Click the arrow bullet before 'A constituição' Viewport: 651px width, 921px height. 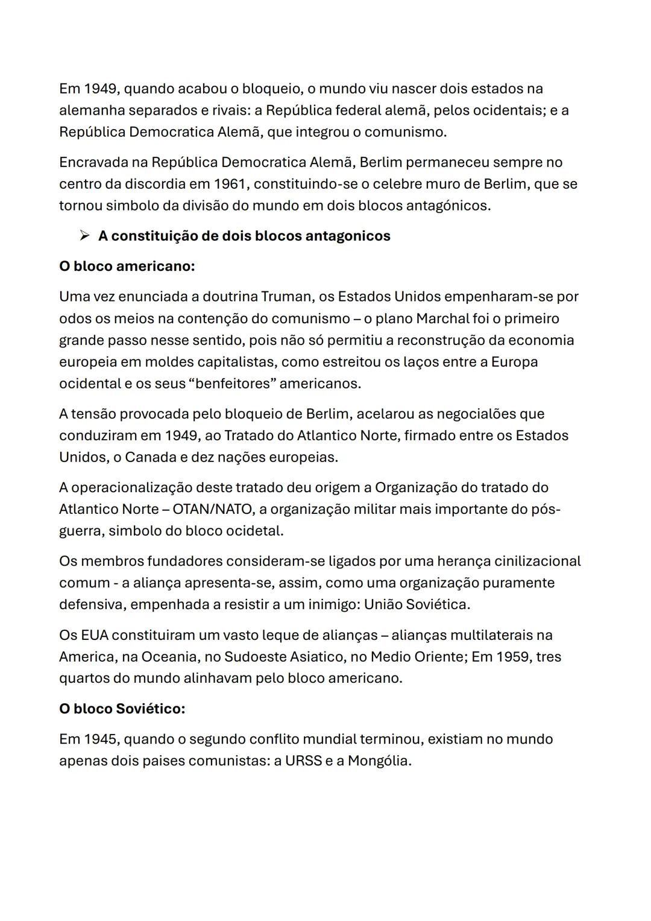coord(84,236)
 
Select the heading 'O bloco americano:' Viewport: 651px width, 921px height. coord(127,266)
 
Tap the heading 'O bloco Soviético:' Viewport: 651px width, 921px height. coord(122,709)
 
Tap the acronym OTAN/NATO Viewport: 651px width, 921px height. coord(212,510)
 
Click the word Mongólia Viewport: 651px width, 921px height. coord(379,761)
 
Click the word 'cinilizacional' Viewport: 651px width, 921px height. coord(537,562)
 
